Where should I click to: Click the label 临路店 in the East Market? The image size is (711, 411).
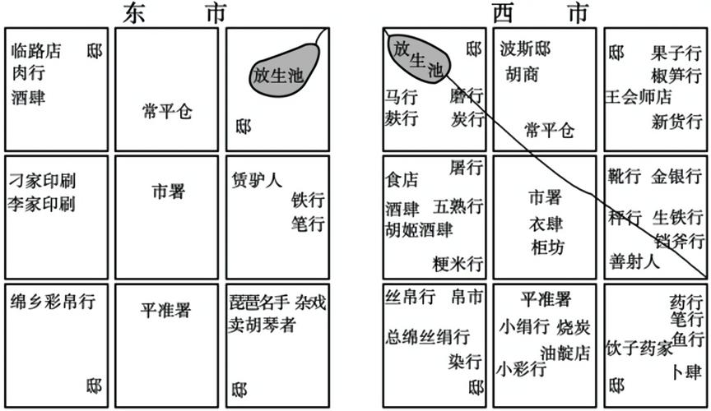point(36,52)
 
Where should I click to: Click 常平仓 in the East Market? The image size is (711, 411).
point(167,110)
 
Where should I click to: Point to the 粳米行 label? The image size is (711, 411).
point(458,264)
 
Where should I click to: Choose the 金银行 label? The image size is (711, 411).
point(677,177)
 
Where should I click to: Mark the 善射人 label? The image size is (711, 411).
point(634,262)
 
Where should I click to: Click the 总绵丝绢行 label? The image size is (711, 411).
point(428,336)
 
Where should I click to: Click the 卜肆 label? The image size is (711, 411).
point(687,371)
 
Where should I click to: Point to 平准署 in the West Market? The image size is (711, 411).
point(546,299)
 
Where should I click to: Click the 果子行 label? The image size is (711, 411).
point(676,54)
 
